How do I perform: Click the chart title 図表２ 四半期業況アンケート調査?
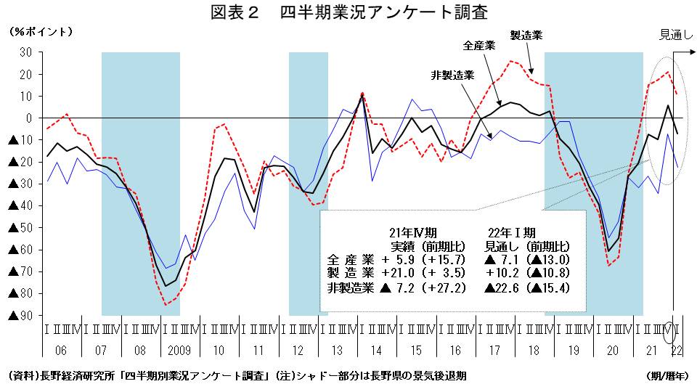pos(348,12)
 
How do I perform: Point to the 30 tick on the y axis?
pos(25,52)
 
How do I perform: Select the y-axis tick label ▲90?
pos(20,316)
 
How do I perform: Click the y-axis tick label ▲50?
pos(20,228)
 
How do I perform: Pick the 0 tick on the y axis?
pos(28,118)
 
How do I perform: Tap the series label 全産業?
pos(479,46)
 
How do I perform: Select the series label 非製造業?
pos(452,75)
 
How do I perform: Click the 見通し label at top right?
pos(675,33)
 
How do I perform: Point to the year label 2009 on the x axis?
pos(179,351)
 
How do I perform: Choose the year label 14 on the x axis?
pos(377,351)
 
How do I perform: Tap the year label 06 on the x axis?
pos(60,351)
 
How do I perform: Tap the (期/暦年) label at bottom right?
pos(666,375)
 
